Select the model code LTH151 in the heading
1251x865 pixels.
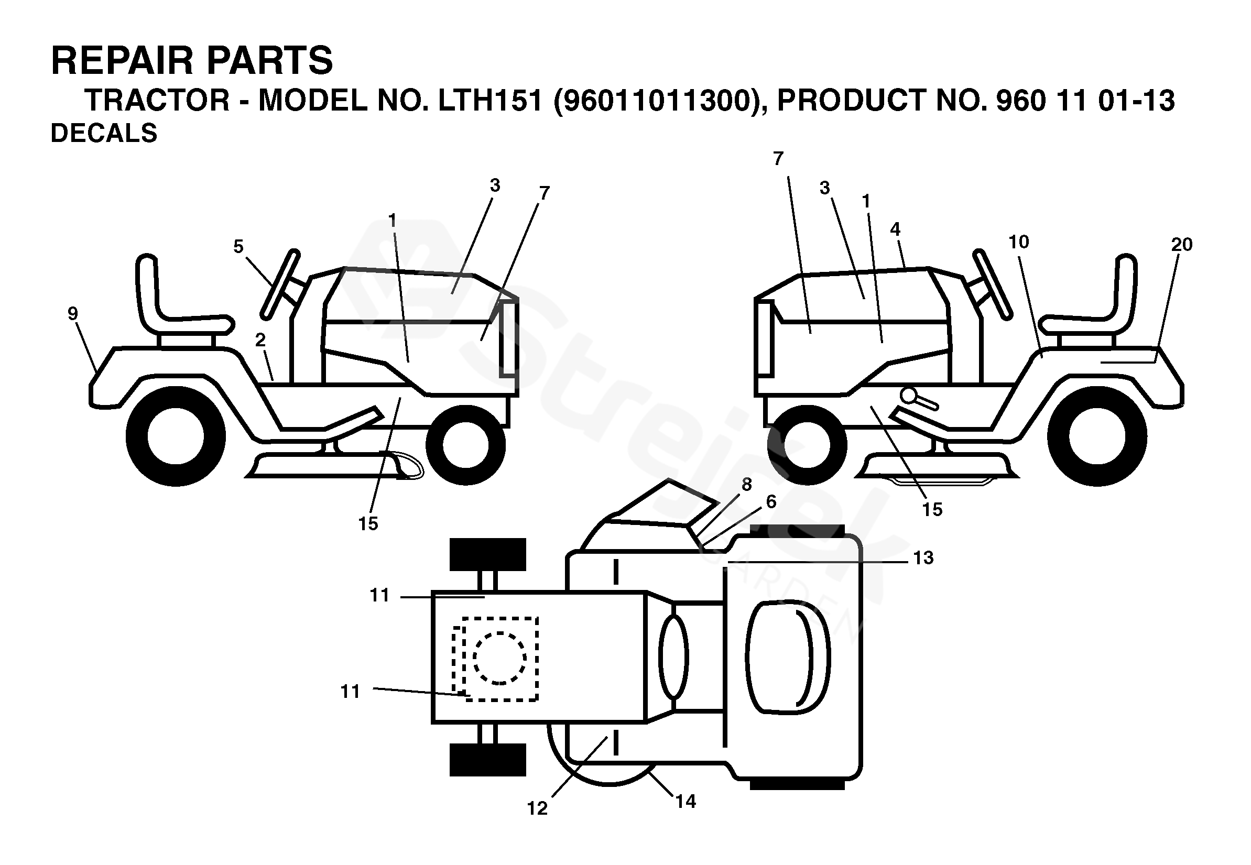[490, 101]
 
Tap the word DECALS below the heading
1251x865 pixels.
[104, 133]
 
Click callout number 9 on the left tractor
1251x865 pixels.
[73, 313]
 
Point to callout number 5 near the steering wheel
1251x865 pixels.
[238, 247]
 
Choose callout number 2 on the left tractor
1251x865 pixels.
[260, 341]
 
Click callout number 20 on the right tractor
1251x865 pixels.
[1182, 245]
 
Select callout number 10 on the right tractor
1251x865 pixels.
[1018, 242]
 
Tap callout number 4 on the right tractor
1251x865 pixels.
[895, 229]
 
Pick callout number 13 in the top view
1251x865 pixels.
[923, 557]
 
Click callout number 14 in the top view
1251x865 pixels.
[686, 801]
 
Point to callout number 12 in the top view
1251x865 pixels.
[537, 808]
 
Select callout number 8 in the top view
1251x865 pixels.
[747, 485]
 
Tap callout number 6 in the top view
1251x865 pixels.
[771, 502]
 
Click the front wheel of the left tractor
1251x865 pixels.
[465, 444]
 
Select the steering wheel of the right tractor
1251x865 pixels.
[992, 284]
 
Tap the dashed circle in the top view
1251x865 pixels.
[499, 658]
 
